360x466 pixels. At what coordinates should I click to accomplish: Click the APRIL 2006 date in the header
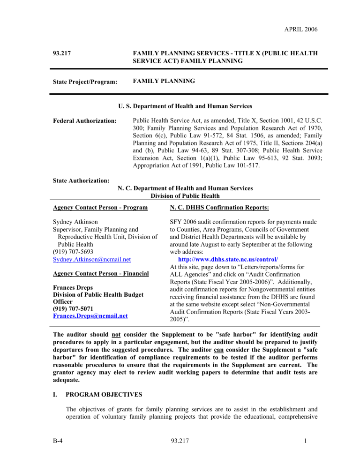tap(298, 30)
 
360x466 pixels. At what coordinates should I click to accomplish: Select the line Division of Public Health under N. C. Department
tap(185, 196)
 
